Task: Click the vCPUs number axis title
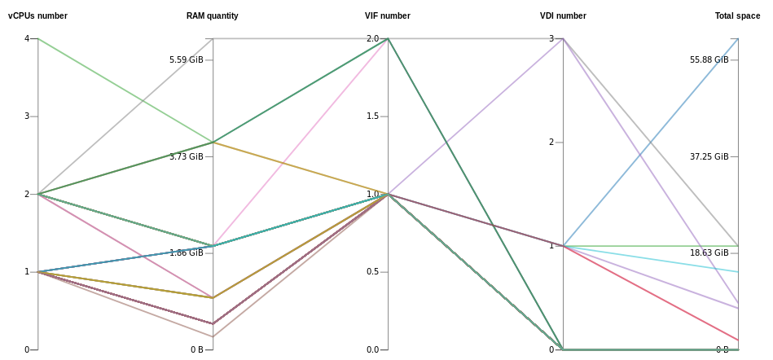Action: click(37, 15)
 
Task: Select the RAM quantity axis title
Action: click(212, 15)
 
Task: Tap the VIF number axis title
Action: click(387, 15)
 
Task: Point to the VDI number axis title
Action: click(563, 15)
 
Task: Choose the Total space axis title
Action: click(737, 15)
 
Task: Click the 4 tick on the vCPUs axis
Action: click(27, 38)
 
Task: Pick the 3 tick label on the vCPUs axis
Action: click(27, 116)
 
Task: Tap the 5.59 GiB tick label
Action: click(186, 59)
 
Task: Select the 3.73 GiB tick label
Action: click(186, 156)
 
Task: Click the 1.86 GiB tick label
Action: click(186, 252)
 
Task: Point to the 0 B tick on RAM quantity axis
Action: click(196, 349)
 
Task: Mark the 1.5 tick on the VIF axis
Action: click(371, 116)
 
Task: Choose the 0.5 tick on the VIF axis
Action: click(371, 272)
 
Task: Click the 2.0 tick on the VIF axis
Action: click(371, 38)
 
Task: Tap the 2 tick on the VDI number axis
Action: click(551, 143)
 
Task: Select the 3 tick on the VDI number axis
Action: click(551, 38)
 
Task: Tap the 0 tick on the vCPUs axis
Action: click(27, 349)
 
